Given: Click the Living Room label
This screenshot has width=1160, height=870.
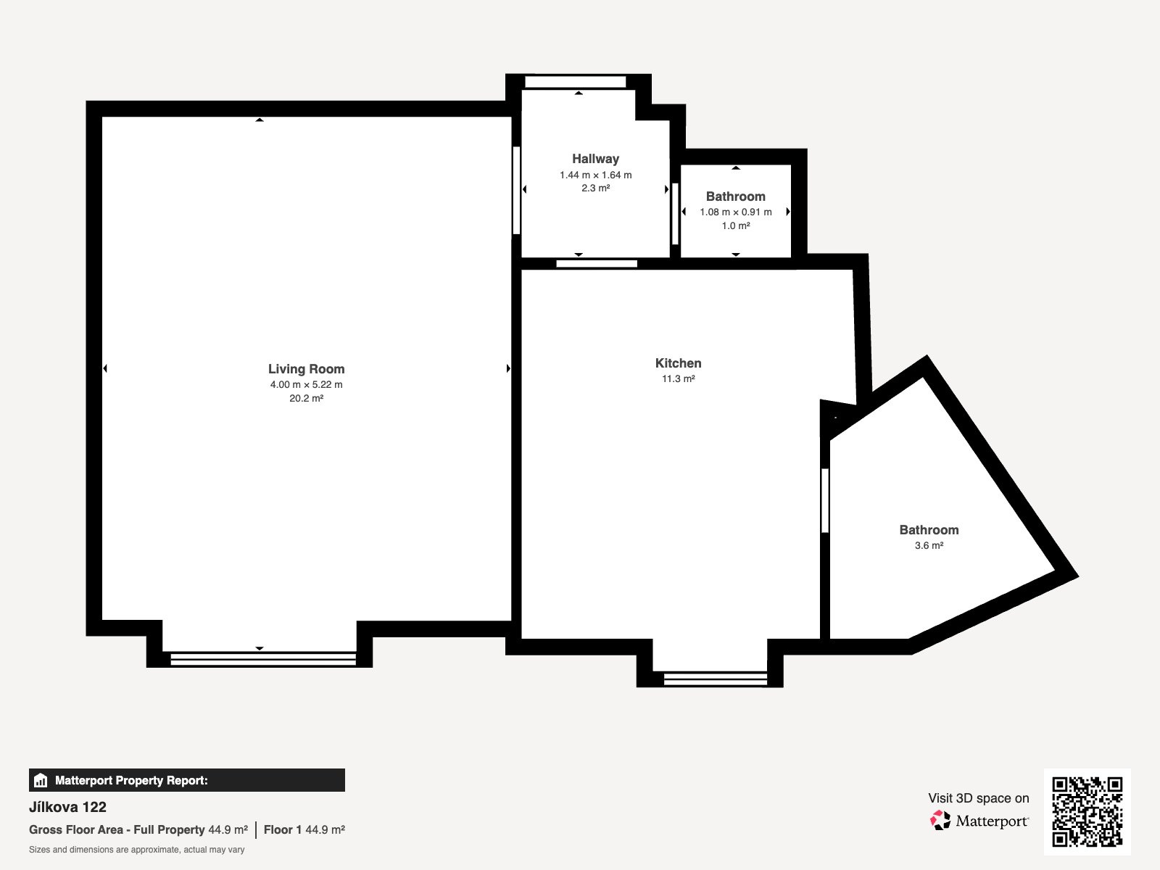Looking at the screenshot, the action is [306, 369].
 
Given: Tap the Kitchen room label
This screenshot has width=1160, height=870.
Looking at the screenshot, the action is [678, 363].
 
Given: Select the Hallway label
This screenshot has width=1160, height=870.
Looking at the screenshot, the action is [596, 159].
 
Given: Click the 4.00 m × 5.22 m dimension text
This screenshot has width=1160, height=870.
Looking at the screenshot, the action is [306, 384].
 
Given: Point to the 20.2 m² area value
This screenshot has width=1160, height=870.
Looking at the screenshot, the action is [306, 398].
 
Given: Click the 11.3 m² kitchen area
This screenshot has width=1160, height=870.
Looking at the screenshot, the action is [678, 378].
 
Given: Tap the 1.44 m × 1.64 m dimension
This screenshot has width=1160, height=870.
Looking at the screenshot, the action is [596, 175].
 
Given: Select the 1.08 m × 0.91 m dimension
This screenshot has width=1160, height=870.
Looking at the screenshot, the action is [736, 212].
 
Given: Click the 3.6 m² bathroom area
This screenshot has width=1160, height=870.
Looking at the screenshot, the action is [929, 545].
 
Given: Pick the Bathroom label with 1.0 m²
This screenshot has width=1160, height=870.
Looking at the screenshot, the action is [736, 196].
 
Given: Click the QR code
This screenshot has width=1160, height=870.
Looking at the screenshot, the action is [1087, 811].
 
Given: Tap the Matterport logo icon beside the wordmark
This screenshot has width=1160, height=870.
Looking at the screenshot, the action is [940, 821].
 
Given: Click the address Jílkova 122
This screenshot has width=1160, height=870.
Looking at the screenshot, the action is [67, 807].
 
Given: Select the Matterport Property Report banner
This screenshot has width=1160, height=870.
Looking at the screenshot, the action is [187, 780].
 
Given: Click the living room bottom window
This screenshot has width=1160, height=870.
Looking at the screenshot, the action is [263, 659].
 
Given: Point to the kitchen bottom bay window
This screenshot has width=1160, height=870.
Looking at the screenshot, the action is [715, 679].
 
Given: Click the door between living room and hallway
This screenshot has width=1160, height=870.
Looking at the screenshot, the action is [516, 190].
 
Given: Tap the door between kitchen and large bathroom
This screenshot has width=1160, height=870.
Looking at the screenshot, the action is [824, 500].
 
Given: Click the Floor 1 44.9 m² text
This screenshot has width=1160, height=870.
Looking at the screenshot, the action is [304, 829].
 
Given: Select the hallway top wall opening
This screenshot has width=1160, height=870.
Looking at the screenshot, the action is [576, 82].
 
